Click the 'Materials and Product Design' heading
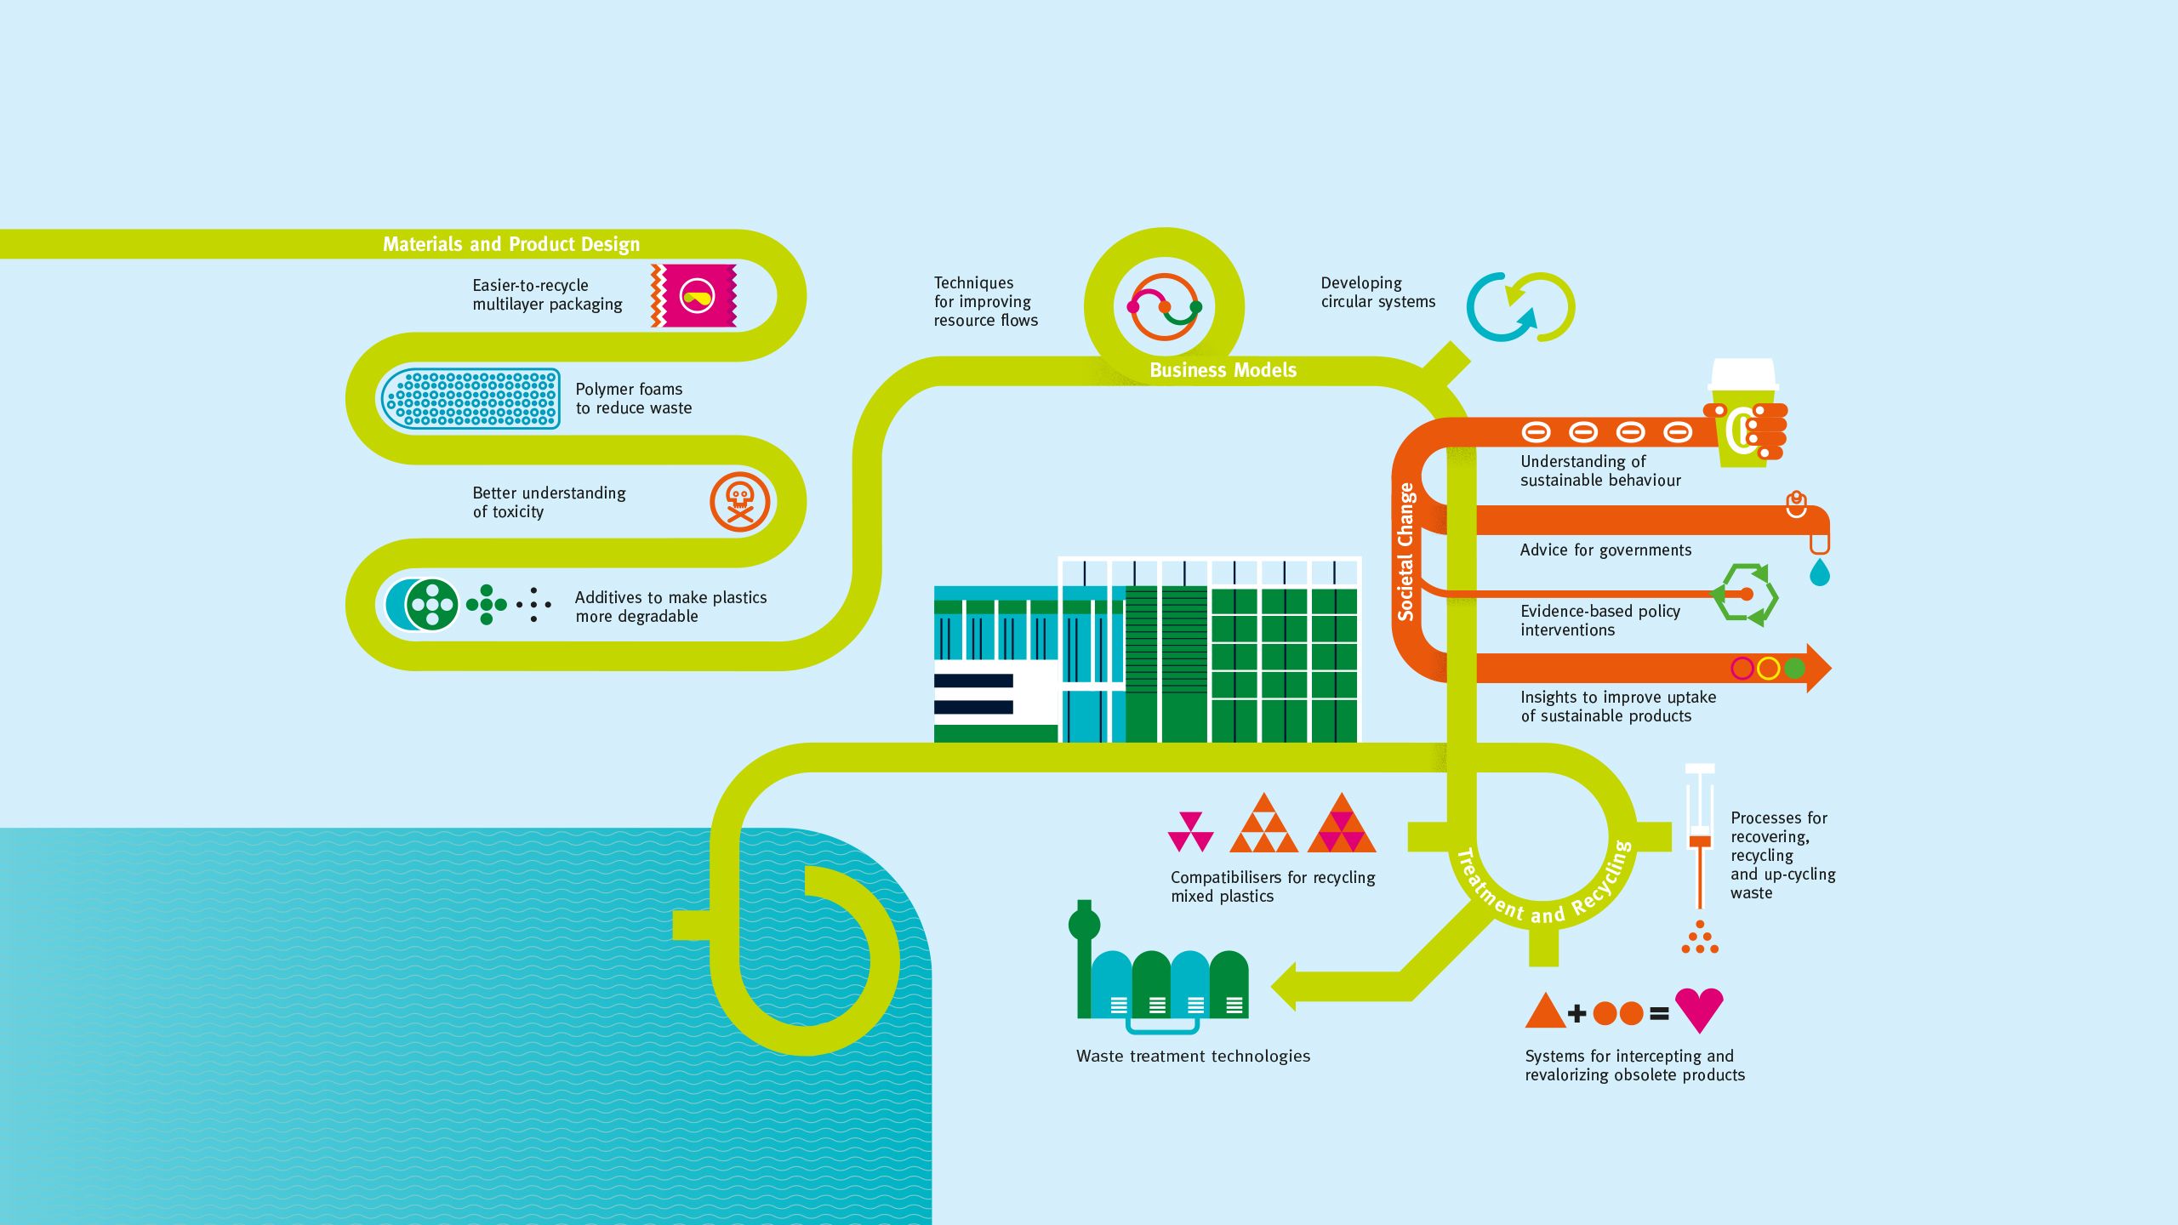coord(510,244)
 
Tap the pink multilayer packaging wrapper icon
coord(694,295)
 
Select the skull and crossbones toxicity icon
coord(739,502)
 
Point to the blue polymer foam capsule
coord(470,398)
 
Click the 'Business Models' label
coord(1223,370)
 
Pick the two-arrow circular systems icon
coord(1520,307)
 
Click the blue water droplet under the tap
coord(1819,573)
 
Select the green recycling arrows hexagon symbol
coord(1746,595)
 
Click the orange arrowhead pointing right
coord(1817,668)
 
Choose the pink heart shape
coord(1698,1009)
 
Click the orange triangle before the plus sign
coord(1544,1011)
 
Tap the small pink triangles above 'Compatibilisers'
coord(1190,831)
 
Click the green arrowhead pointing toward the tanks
coord(1285,987)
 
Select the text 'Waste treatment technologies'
coord(1193,1057)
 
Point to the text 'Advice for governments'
coord(1605,550)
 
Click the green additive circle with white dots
coord(432,604)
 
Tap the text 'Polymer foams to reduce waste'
coord(633,398)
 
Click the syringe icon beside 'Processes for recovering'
coord(1700,838)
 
